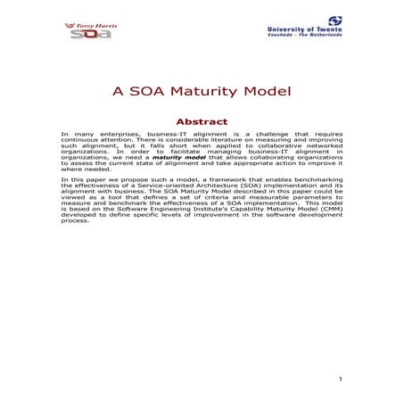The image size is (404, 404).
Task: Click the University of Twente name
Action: (304, 30)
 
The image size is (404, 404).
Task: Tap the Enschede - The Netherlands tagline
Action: (304, 37)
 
